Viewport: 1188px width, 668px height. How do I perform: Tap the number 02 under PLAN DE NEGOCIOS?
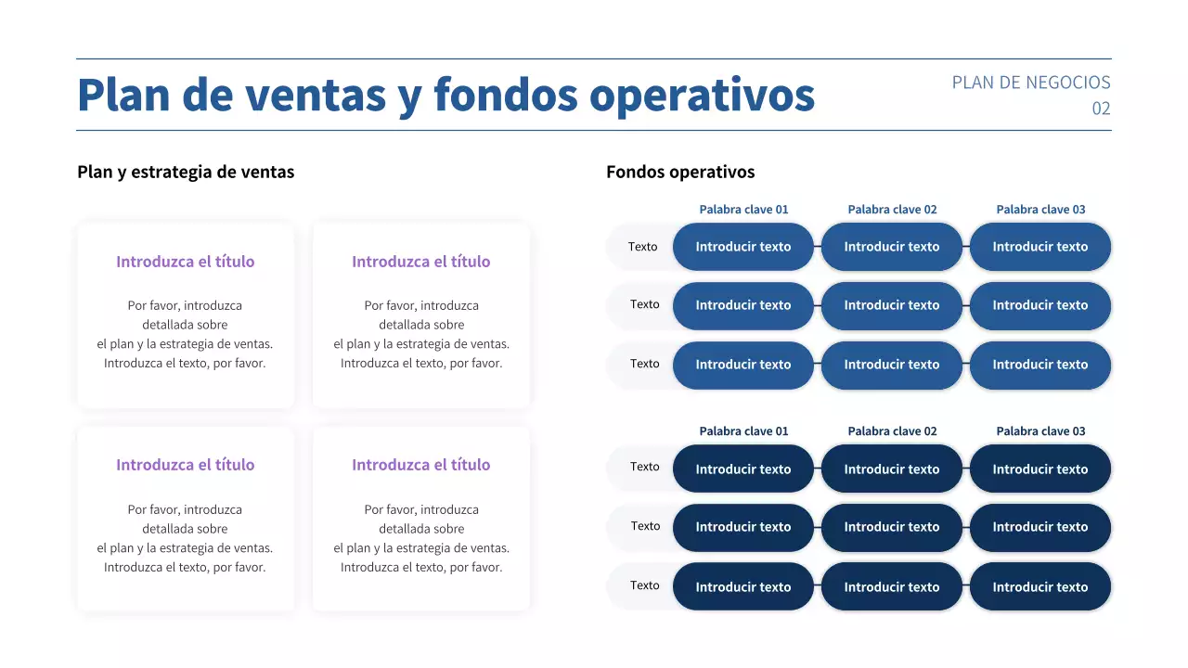tap(1101, 109)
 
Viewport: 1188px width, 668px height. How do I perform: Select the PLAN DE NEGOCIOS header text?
tap(1030, 83)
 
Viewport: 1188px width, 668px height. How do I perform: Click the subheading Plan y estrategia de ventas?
tap(186, 172)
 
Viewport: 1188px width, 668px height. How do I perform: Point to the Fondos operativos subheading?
tap(680, 172)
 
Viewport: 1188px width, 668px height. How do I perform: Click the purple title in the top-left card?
tap(185, 262)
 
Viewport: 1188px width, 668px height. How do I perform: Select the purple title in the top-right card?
tap(420, 262)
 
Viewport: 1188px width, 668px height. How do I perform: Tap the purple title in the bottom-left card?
tap(185, 465)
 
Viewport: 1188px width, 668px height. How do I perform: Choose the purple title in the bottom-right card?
tap(420, 465)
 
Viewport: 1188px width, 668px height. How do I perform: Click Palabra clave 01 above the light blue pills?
tap(743, 210)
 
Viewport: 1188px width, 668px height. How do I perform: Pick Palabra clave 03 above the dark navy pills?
tap(1040, 431)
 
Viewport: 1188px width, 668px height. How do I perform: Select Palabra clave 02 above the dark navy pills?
tap(892, 431)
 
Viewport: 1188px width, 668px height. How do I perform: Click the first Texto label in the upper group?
tap(642, 247)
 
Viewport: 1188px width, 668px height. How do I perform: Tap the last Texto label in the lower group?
tap(644, 585)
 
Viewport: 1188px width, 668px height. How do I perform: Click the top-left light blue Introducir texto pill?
tap(743, 247)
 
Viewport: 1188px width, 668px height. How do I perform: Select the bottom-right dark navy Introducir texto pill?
tap(1040, 586)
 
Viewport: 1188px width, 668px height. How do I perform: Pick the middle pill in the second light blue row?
tap(892, 305)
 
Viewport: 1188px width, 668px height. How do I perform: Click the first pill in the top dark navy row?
tap(743, 469)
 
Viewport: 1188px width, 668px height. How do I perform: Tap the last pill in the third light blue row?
tap(1040, 365)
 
